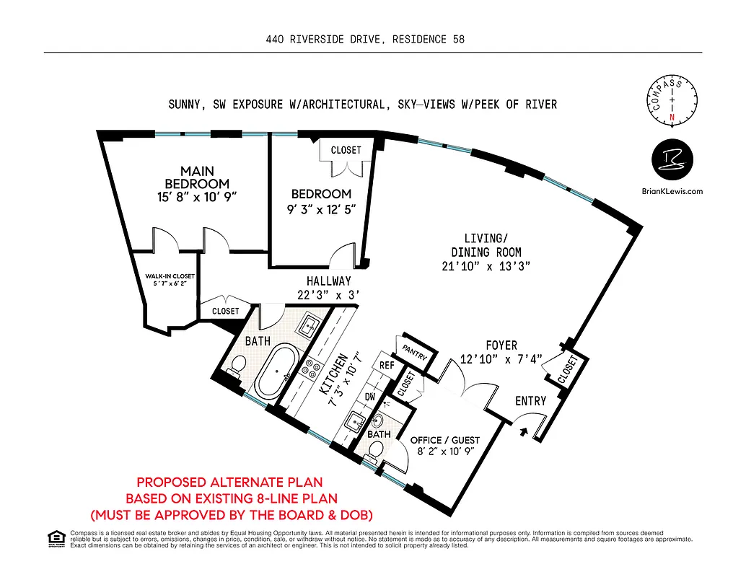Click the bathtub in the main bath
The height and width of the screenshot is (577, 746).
point(270,371)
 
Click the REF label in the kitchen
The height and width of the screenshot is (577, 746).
point(387,366)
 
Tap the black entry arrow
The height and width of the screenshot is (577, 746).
point(524,431)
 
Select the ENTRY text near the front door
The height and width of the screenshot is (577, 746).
point(530,401)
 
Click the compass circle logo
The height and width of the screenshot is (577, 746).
point(672,102)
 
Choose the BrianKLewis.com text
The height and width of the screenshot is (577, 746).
point(672,191)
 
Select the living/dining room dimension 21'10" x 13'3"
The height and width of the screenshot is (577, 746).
point(486,265)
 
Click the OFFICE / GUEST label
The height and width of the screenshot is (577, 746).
point(444,440)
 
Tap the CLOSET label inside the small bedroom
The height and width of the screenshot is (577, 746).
point(346,150)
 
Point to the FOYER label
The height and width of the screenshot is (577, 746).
point(501,345)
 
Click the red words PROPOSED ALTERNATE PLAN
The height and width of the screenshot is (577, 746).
point(229,483)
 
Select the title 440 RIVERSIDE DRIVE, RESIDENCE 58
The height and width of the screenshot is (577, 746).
point(365,40)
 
